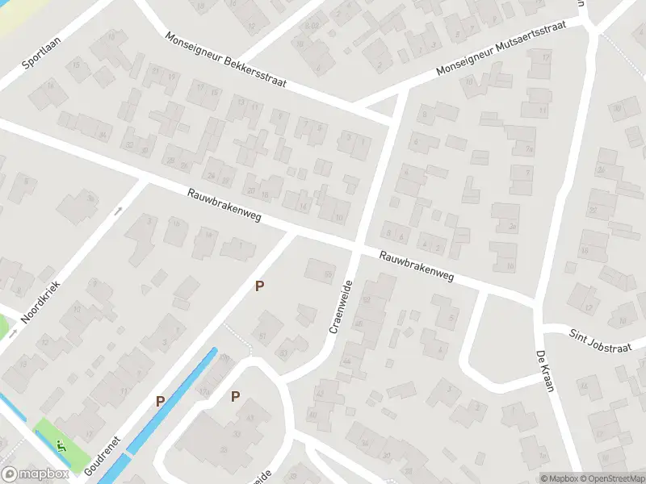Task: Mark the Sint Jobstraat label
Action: pyautogui.click(x=598, y=335)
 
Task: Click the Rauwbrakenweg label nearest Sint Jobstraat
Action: pyautogui.click(x=417, y=268)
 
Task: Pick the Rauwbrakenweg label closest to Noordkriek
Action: pyautogui.click(x=224, y=207)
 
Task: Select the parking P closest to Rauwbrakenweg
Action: pyautogui.click(x=259, y=286)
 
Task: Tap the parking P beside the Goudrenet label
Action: pyautogui.click(x=160, y=401)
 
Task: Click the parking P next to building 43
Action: pyautogui.click(x=236, y=395)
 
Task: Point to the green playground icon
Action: pyautogui.click(x=61, y=444)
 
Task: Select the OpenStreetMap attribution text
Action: pyautogui.click(x=613, y=478)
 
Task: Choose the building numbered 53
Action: pyautogui.click(x=283, y=353)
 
